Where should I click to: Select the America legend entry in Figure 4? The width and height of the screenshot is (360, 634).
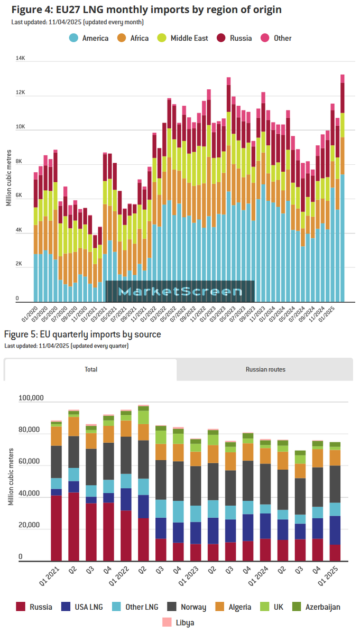(x=89, y=38)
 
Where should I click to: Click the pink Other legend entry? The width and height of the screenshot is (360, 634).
(x=276, y=38)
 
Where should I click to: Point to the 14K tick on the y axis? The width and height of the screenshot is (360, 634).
(x=21, y=58)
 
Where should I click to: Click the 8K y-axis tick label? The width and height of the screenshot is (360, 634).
(x=21, y=162)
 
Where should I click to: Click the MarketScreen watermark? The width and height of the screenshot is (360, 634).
(x=180, y=291)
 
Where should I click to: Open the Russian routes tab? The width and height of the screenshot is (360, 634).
(x=265, y=369)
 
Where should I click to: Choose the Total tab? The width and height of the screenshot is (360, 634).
(x=90, y=369)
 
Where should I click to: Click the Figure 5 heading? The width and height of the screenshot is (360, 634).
(x=82, y=334)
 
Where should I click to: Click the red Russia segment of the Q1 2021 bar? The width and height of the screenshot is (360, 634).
(x=57, y=528)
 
